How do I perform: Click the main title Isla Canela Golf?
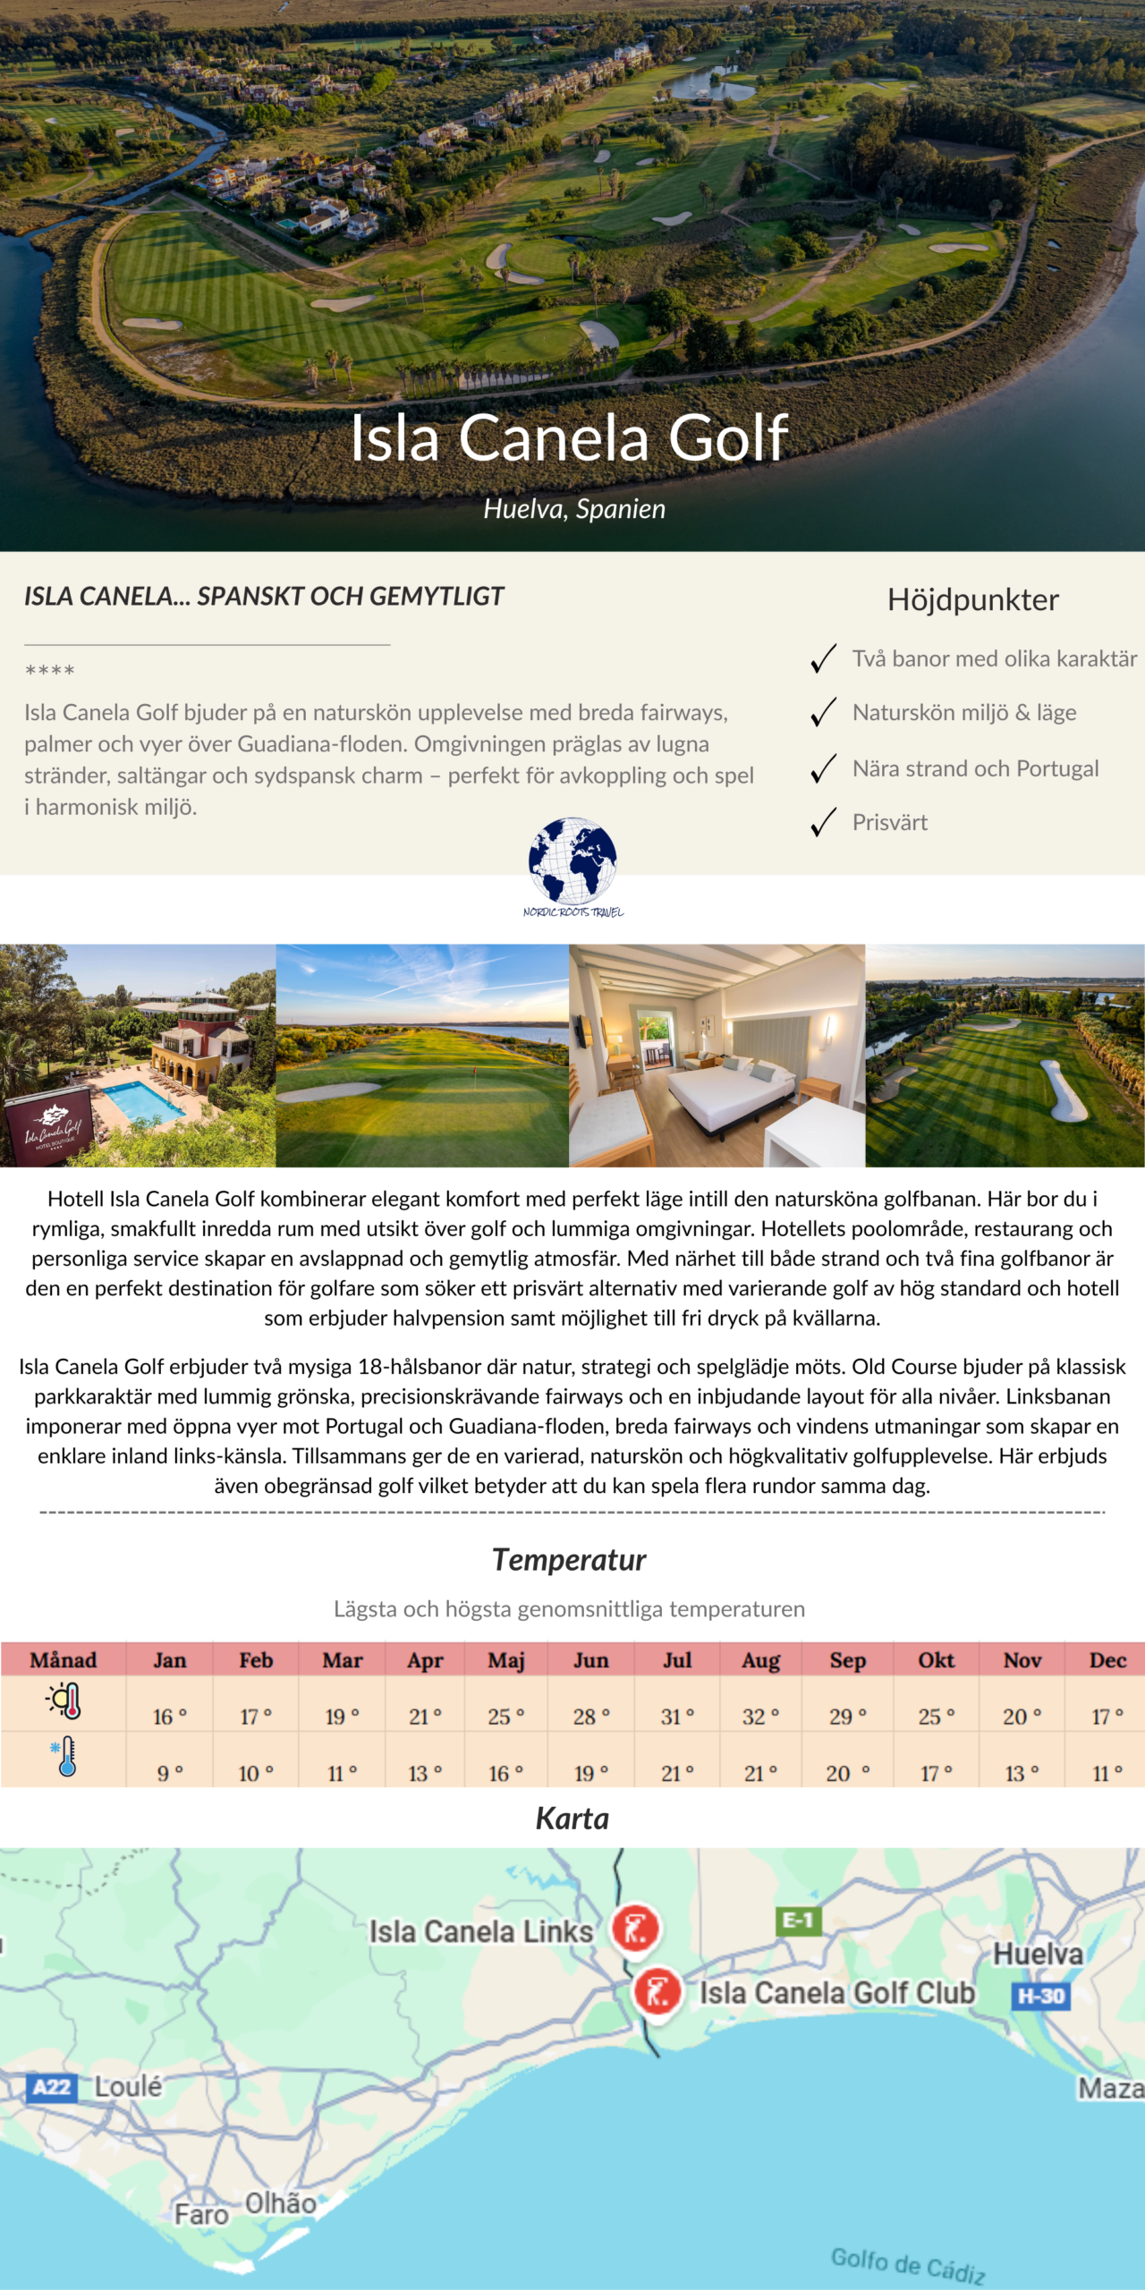click(x=569, y=438)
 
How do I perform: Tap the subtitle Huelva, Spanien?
click(x=574, y=509)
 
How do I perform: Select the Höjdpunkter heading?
click(x=972, y=600)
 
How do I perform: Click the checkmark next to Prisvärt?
click(x=823, y=822)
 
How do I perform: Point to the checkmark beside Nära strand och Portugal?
click(x=823, y=768)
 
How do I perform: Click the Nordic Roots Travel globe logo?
click(x=572, y=862)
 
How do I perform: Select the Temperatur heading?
click(x=569, y=1560)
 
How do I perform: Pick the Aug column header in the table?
click(x=760, y=1660)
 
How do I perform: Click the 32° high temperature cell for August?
click(x=760, y=1717)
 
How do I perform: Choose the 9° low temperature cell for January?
click(x=169, y=1773)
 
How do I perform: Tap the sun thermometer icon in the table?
click(x=65, y=1701)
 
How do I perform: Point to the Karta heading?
click(x=572, y=1819)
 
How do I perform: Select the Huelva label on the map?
click(x=1038, y=1955)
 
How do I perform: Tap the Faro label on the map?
click(x=201, y=2215)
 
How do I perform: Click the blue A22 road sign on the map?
click(x=51, y=2088)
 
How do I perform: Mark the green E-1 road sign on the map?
click(x=797, y=1921)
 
